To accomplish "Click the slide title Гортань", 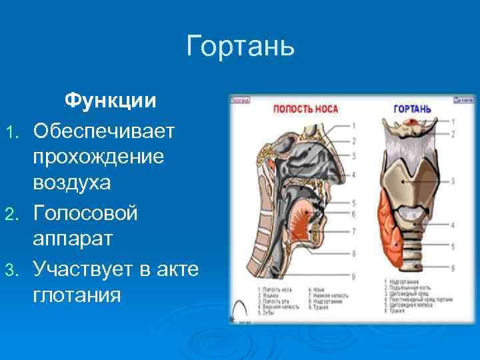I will (240, 47).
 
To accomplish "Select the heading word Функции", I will (110, 101).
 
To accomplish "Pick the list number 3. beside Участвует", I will (9, 269).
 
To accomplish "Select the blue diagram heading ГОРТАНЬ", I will (411, 109).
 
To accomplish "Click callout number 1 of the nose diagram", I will (354, 125).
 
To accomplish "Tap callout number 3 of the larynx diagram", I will (453, 181).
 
